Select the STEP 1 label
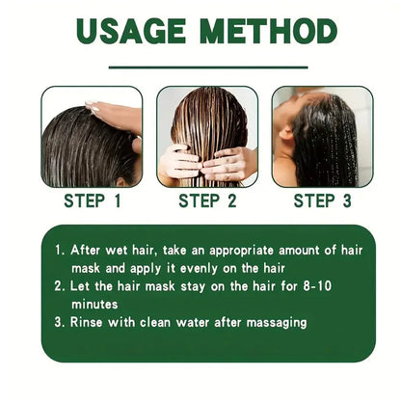(92, 200)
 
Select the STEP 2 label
(207, 200)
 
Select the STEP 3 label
(322, 200)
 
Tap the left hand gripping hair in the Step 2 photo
(181, 162)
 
